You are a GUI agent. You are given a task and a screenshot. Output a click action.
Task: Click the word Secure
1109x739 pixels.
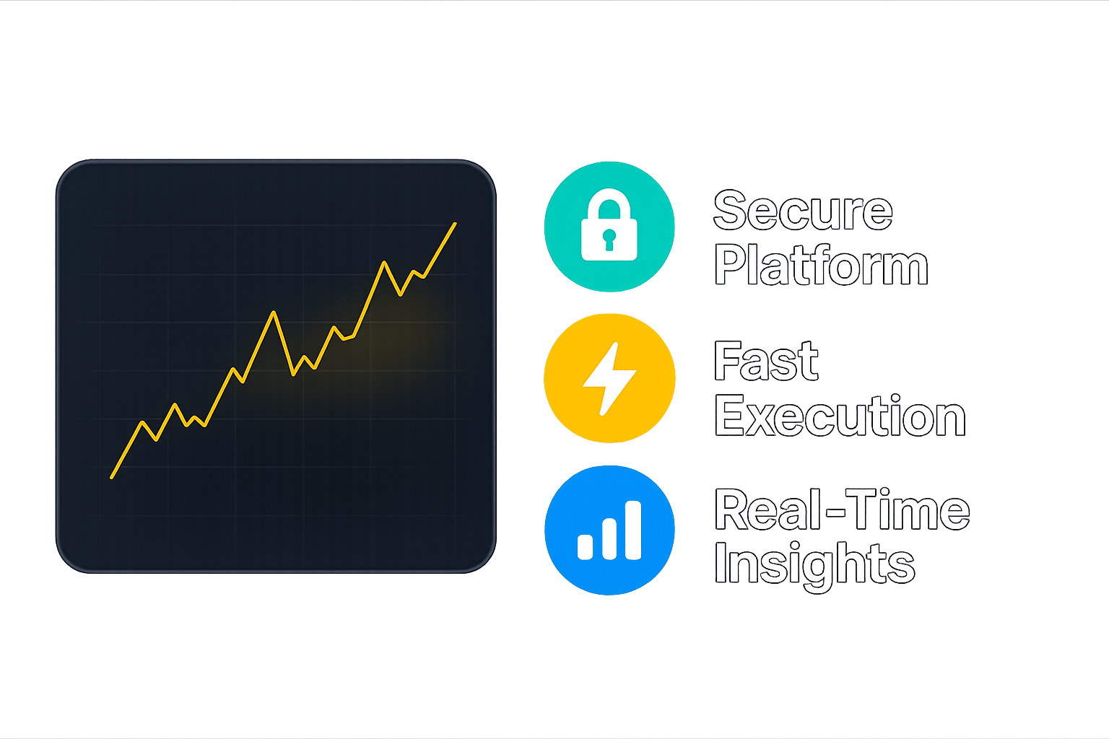pyautogui.click(x=803, y=210)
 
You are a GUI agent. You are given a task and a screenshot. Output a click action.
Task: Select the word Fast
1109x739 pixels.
pyautogui.click(x=766, y=361)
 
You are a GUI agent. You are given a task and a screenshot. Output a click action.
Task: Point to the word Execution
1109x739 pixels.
pyautogui.click(x=840, y=415)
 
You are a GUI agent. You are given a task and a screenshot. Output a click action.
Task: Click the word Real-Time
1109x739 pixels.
pyautogui.click(x=842, y=510)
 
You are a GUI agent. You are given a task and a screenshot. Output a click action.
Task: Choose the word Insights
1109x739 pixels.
pyautogui.click(x=814, y=565)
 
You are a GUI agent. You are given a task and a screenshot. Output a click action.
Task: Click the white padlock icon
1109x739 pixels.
pyautogui.click(x=609, y=224)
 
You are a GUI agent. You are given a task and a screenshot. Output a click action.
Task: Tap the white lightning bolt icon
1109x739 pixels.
pyautogui.click(x=609, y=379)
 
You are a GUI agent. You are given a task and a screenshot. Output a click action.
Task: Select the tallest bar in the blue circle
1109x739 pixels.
pyautogui.click(x=633, y=530)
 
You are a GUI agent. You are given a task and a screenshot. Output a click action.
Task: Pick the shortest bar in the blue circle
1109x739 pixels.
pyautogui.click(x=586, y=547)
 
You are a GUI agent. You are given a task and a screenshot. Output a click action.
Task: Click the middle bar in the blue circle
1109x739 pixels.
pyautogui.click(x=609, y=539)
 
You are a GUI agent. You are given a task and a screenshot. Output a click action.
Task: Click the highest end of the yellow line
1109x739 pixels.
pyautogui.click(x=455, y=224)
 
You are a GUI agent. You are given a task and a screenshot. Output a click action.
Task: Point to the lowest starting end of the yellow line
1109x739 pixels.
pyautogui.click(x=112, y=477)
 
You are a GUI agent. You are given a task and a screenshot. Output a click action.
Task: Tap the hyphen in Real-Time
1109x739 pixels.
pyautogui.click(x=835, y=512)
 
